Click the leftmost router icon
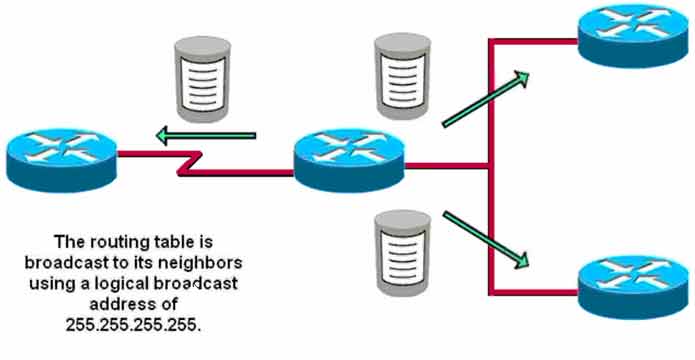(62, 160)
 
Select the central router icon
(349, 160)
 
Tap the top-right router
(634, 35)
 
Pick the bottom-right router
(634, 287)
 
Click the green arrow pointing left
(206, 136)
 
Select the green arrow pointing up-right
(485, 99)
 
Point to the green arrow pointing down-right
(485, 240)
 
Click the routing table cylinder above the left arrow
(203, 79)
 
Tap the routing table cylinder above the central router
(402, 76)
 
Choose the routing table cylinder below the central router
(402, 253)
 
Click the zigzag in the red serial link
(191, 163)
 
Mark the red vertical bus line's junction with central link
(490, 166)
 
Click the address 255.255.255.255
(133, 325)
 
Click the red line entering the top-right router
(534, 42)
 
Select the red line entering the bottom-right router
(534, 292)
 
